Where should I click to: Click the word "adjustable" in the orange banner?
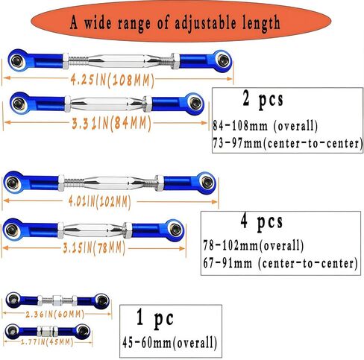click(x=205, y=23)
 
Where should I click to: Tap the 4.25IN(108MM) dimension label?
click(x=113, y=80)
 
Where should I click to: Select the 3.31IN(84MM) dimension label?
click(x=112, y=123)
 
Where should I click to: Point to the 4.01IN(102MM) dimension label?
click(x=99, y=201)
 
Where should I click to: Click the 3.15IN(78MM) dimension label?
click(x=94, y=247)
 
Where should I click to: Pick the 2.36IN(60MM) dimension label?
click(x=55, y=315)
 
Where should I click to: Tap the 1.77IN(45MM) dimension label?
click(x=47, y=342)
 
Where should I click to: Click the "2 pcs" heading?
click(x=263, y=100)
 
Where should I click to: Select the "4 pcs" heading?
click(x=262, y=222)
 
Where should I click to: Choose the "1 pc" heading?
click(x=155, y=319)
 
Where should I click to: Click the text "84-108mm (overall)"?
click(x=266, y=126)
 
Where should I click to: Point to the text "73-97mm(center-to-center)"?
click(x=287, y=143)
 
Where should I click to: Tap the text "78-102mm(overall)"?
click(x=254, y=246)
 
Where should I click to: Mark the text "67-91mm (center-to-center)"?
click(x=280, y=263)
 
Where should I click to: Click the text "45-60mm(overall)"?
click(x=170, y=343)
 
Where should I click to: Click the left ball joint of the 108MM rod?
click(x=16, y=60)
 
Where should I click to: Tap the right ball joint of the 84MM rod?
click(x=195, y=104)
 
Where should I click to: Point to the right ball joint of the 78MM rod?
click(x=175, y=230)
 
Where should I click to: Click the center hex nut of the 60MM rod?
click(x=57, y=300)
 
